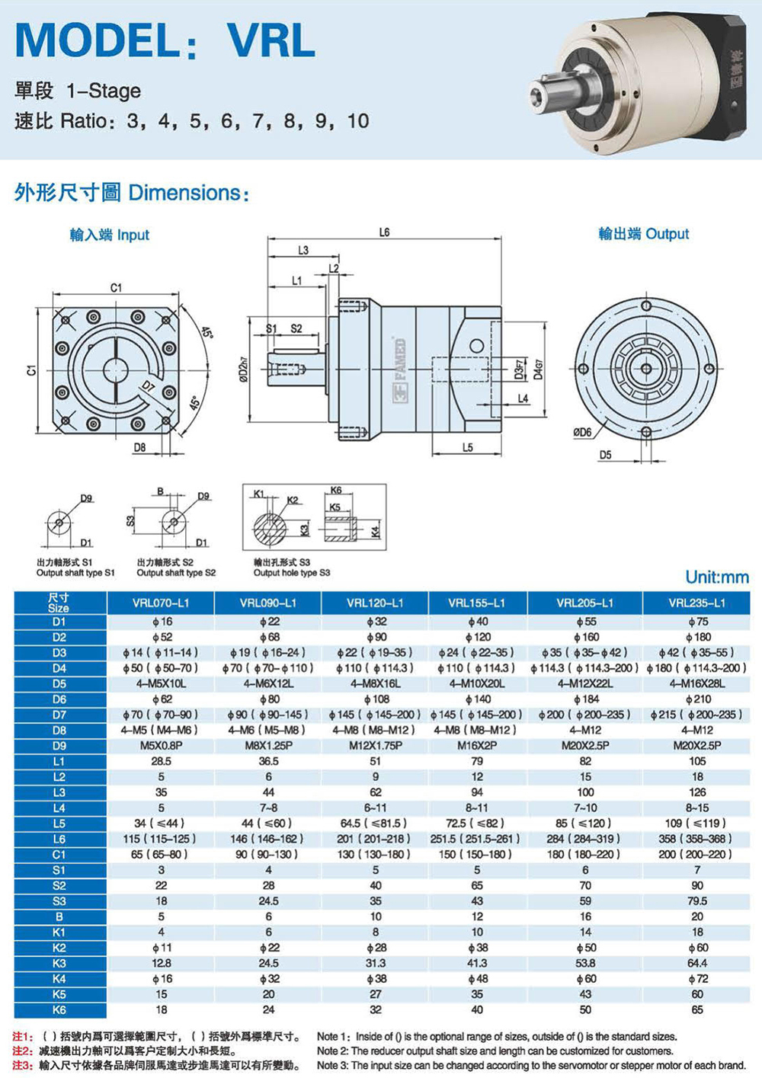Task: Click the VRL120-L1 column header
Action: point(375,603)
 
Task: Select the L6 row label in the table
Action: point(59,840)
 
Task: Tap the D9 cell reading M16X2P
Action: point(477,745)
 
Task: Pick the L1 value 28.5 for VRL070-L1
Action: point(162,761)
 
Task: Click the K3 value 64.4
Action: point(697,964)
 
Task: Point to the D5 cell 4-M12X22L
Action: point(585,683)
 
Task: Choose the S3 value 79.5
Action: point(697,901)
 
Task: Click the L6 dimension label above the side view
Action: point(383,232)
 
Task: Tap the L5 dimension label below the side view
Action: point(467,447)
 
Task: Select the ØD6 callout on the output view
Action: point(582,432)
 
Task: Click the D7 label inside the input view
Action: point(149,385)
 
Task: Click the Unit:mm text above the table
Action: point(717,577)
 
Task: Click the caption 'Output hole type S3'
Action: point(292,573)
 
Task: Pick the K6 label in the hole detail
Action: point(336,490)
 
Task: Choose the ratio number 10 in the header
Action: point(357,121)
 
